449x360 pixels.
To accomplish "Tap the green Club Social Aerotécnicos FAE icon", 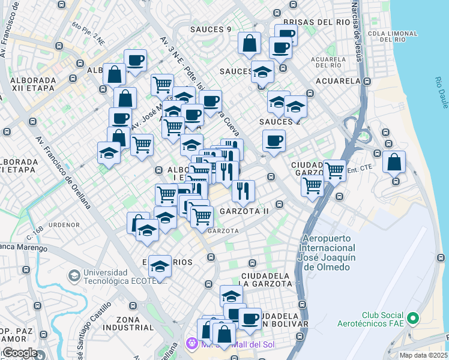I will tap(412, 317).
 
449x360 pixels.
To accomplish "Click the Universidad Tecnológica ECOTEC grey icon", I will tap(74, 275).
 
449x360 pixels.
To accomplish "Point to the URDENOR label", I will tap(64, 225).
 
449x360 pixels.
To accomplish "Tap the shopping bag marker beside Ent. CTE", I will tap(394, 162).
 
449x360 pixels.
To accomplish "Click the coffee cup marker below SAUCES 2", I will tap(274, 142).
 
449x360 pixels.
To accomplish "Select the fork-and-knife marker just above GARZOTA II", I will tap(243, 191).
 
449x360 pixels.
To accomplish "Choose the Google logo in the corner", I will tap(20, 353).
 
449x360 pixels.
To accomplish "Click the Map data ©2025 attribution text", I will tap(423, 355).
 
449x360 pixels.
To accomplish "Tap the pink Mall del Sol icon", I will tap(191, 344).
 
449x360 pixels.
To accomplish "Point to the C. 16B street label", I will tap(35, 229).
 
